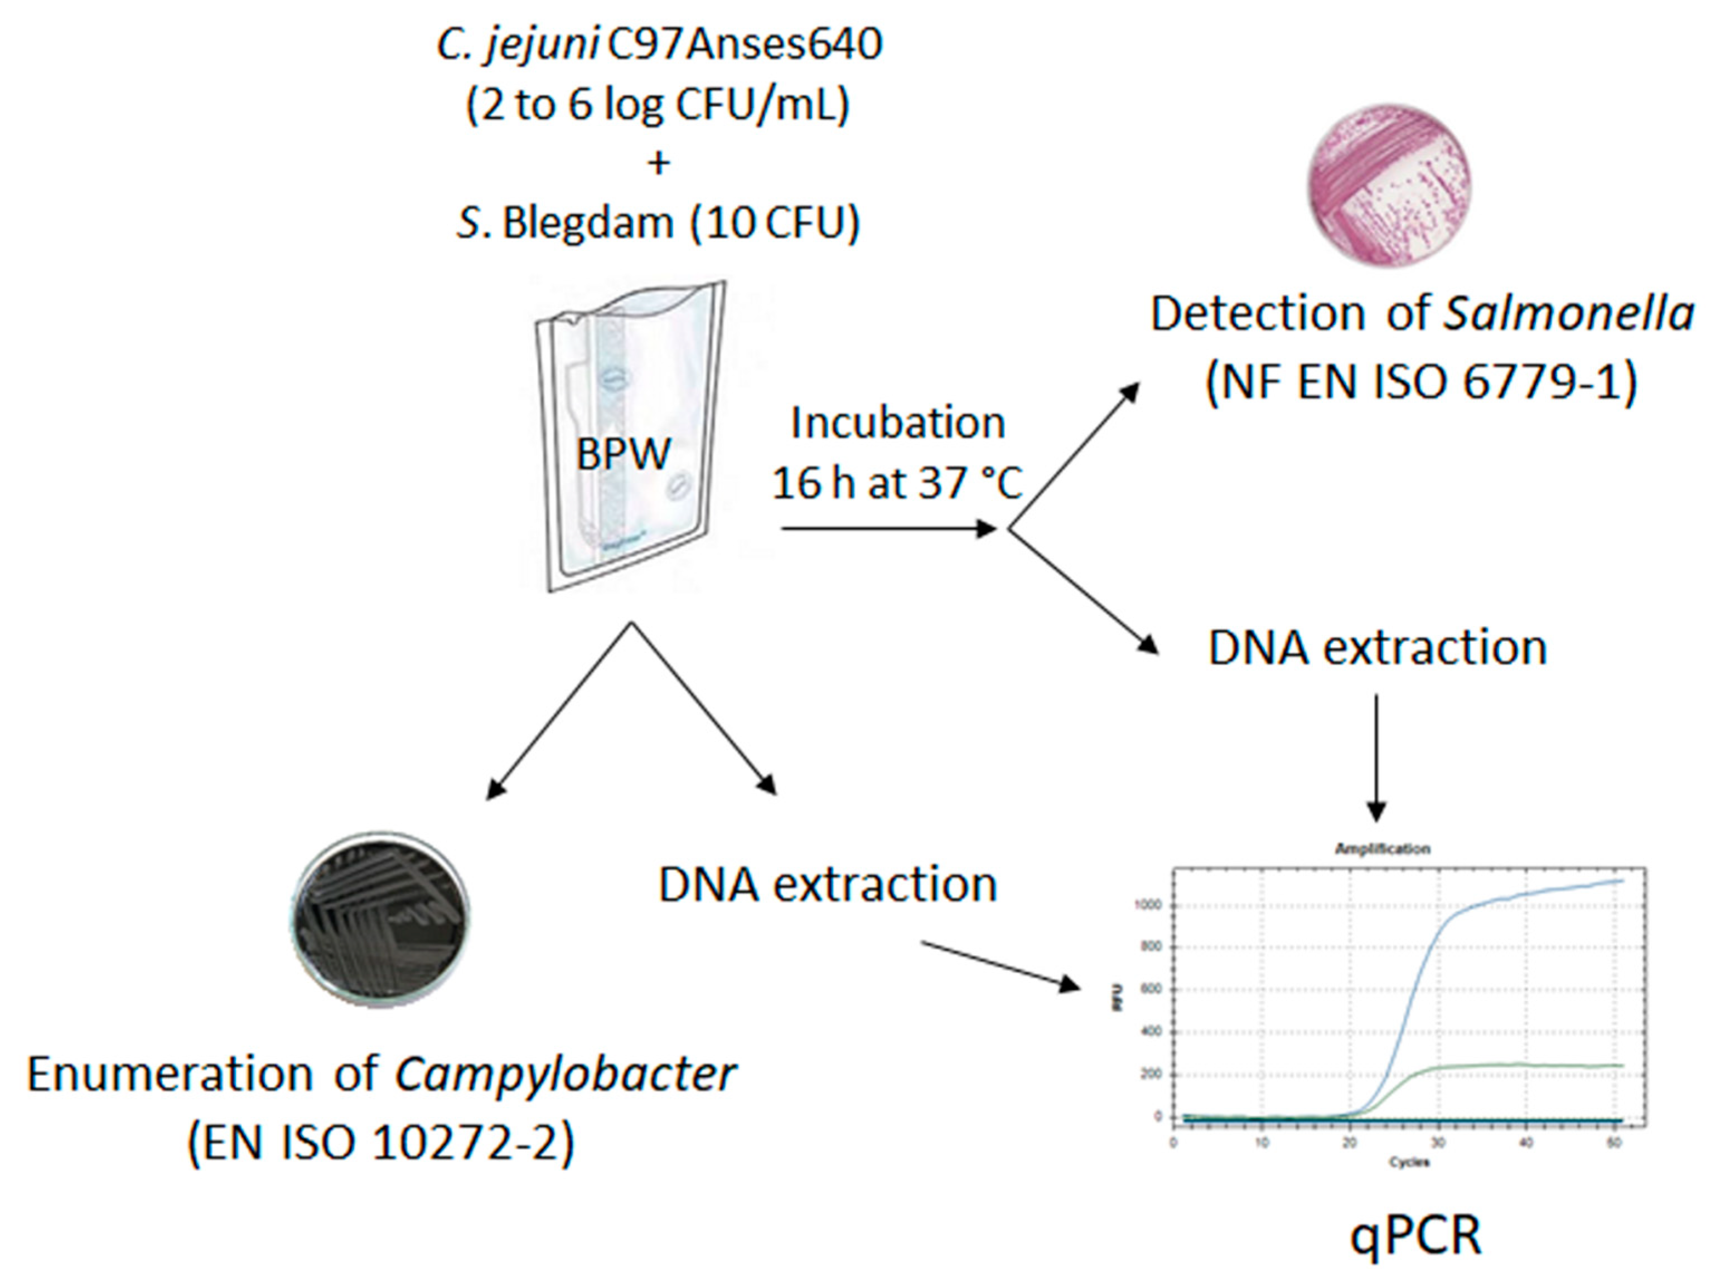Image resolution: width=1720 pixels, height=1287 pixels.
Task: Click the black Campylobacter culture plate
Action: click(380, 919)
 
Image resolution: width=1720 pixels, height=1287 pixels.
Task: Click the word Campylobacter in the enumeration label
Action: click(566, 1075)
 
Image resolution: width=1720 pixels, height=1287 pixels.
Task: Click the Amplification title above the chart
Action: click(1383, 849)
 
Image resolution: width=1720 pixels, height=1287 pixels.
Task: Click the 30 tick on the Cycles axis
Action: click(1438, 1143)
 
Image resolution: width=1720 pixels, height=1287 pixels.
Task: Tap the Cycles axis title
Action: click(1409, 1163)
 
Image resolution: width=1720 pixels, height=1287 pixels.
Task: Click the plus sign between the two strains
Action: click(659, 164)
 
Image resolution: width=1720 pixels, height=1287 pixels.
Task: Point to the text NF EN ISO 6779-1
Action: click(1422, 382)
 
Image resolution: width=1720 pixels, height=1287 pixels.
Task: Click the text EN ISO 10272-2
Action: click(381, 1143)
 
